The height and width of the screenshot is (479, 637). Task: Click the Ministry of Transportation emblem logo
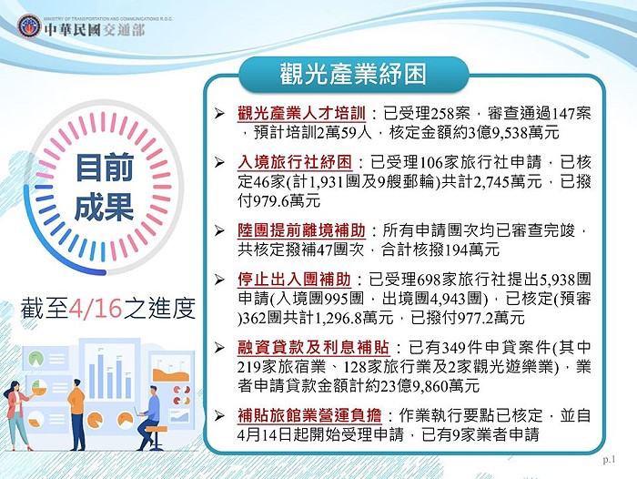click(x=29, y=26)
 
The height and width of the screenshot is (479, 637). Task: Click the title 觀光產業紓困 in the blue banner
click(x=353, y=75)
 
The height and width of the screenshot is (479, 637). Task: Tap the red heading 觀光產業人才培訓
click(x=301, y=114)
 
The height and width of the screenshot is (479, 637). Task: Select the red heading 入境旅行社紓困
click(x=295, y=162)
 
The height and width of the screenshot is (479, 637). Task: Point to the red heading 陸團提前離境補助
click(x=301, y=230)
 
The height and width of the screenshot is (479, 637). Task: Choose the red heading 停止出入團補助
click(x=294, y=280)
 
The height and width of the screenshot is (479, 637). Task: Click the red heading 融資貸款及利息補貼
click(x=314, y=348)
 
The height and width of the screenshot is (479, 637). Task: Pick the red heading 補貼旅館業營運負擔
click(x=309, y=415)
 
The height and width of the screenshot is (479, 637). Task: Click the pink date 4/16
click(x=96, y=308)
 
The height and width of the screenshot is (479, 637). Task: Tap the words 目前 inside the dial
click(x=105, y=167)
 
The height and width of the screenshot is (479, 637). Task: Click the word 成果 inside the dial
click(x=105, y=207)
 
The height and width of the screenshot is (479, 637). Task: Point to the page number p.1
click(x=609, y=460)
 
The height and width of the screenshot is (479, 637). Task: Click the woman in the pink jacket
click(x=17, y=415)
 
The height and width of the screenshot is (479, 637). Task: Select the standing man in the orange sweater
click(x=76, y=414)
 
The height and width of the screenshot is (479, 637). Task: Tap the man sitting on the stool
click(x=150, y=417)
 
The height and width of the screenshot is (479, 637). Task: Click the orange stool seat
click(x=157, y=430)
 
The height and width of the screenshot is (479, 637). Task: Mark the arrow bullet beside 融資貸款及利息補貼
click(x=220, y=348)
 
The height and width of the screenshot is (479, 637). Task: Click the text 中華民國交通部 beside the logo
click(x=95, y=30)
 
